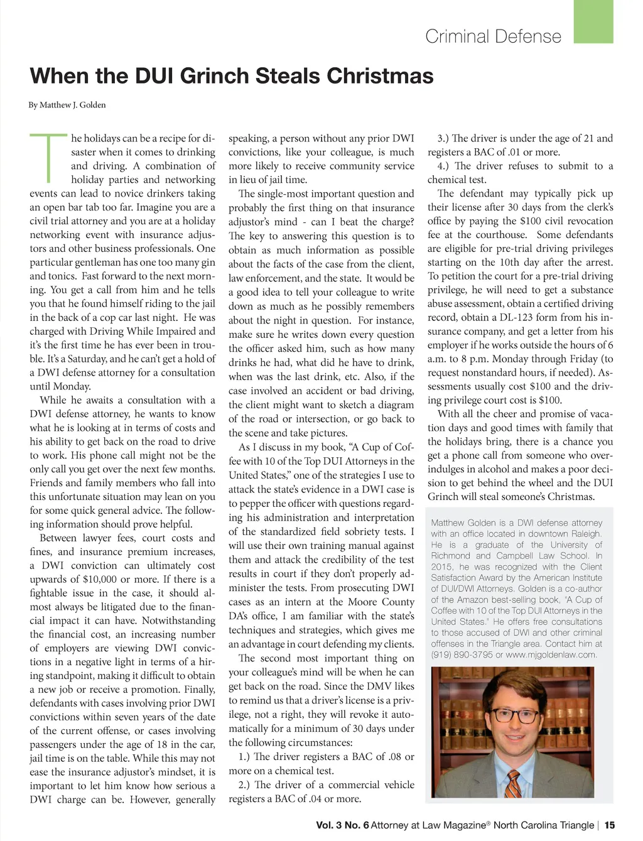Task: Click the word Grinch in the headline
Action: [x=217, y=76]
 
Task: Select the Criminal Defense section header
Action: [x=493, y=36]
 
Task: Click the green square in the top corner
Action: [x=593, y=22]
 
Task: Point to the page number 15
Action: [x=610, y=825]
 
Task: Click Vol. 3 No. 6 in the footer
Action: [x=342, y=825]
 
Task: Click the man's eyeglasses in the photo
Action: [x=511, y=715]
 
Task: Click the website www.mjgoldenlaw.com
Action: [x=551, y=654]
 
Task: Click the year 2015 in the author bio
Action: [x=441, y=567]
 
